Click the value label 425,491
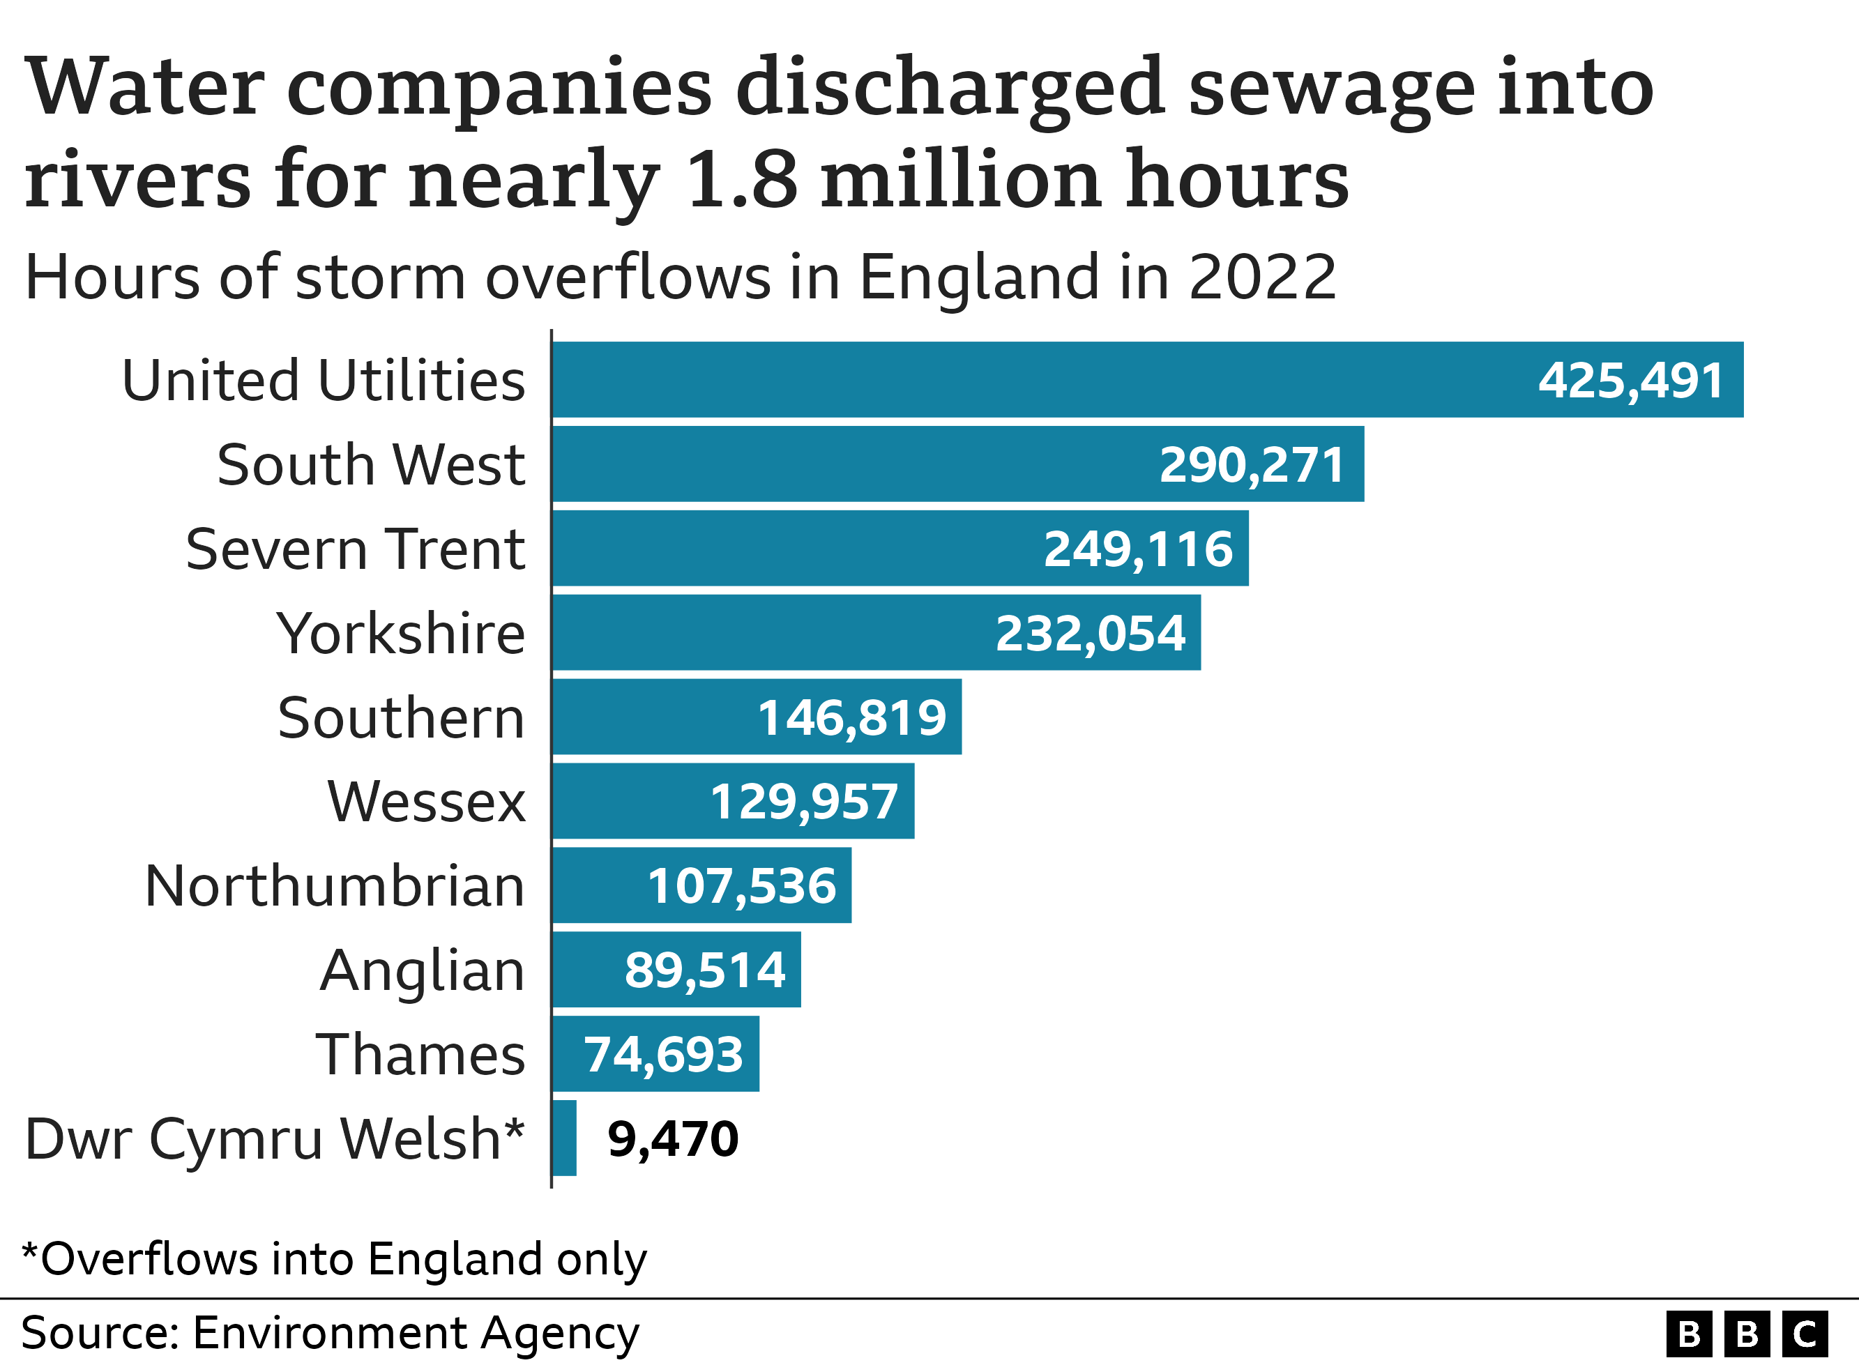click(1630, 380)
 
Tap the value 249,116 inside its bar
click(1138, 549)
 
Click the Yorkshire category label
click(401, 634)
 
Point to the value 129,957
click(803, 802)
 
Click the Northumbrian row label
click(335, 886)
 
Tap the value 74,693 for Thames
click(663, 1054)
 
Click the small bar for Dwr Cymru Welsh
click(564, 1138)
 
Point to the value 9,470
click(672, 1138)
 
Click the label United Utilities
click(323, 380)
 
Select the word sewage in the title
click(1331, 89)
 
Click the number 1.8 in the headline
click(741, 179)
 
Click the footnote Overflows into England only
click(335, 1259)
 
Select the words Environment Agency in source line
click(416, 1334)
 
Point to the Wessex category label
click(426, 802)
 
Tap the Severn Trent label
click(356, 549)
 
